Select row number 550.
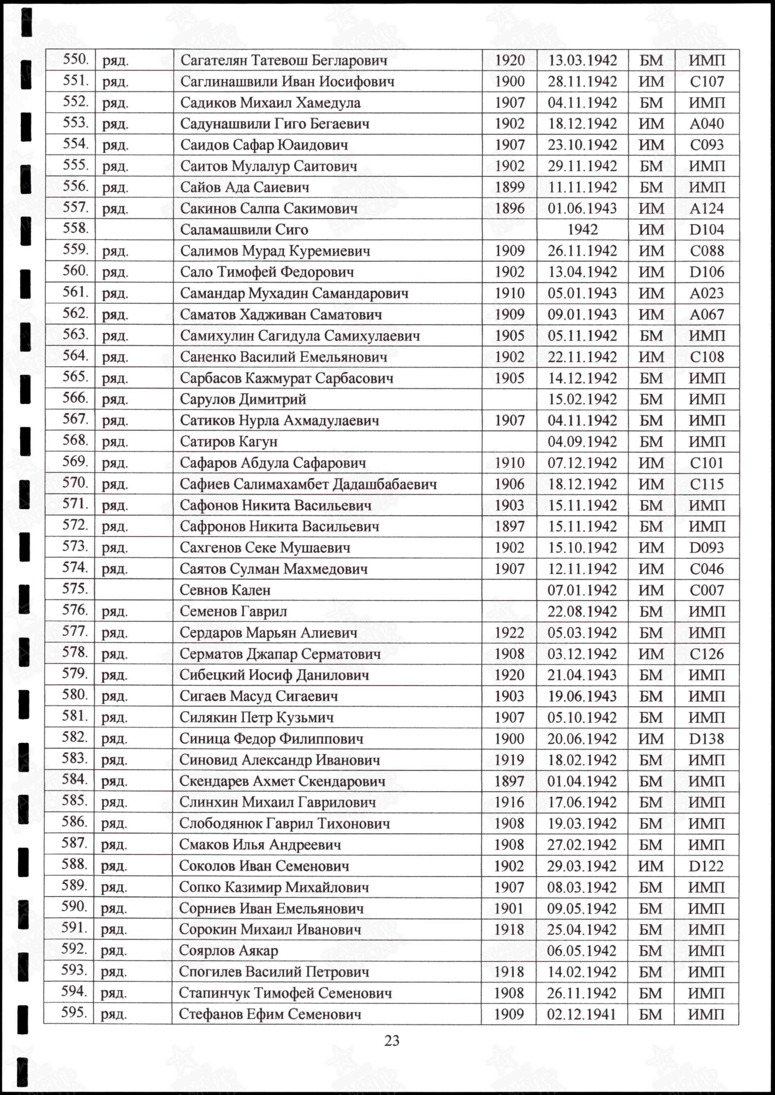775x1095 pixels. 76,60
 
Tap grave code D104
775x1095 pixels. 706,230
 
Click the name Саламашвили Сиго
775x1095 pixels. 244,230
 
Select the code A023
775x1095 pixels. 706,293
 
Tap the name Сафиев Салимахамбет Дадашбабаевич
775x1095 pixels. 308,484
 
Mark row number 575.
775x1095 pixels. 75,589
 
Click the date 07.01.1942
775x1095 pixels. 582,590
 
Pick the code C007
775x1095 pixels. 706,590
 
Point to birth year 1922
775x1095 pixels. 509,633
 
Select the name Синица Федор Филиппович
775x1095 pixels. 271,739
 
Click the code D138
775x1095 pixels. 706,739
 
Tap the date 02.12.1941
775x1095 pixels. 581,1014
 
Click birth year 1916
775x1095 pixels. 509,802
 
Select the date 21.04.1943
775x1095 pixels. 582,675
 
